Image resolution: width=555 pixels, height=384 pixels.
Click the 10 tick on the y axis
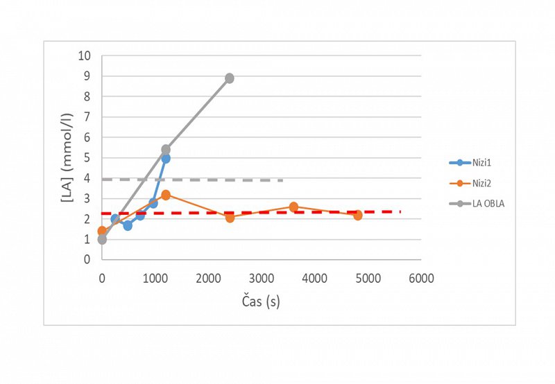tap(86, 56)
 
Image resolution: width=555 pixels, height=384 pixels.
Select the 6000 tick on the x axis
tap(420, 279)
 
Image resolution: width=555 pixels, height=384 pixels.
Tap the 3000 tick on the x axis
tap(262, 279)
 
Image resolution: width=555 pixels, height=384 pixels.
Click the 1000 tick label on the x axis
tap(155, 279)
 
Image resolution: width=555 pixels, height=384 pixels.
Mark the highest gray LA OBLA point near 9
tap(230, 78)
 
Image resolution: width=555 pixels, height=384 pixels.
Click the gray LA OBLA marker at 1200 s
tap(166, 150)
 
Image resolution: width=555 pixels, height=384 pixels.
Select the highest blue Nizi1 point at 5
tap(166, 159)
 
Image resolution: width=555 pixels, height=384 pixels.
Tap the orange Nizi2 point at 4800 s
tap(358, 216)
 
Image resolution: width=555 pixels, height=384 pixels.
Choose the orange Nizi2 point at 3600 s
tap(293, 207)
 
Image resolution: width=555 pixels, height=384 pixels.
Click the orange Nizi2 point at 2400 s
tap(230, 218)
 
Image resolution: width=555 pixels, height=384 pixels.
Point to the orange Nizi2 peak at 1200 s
tap(166, 195)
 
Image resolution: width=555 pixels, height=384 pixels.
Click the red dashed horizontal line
tap(312, 212)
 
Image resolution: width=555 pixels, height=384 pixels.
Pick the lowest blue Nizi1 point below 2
tap(128, 225)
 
